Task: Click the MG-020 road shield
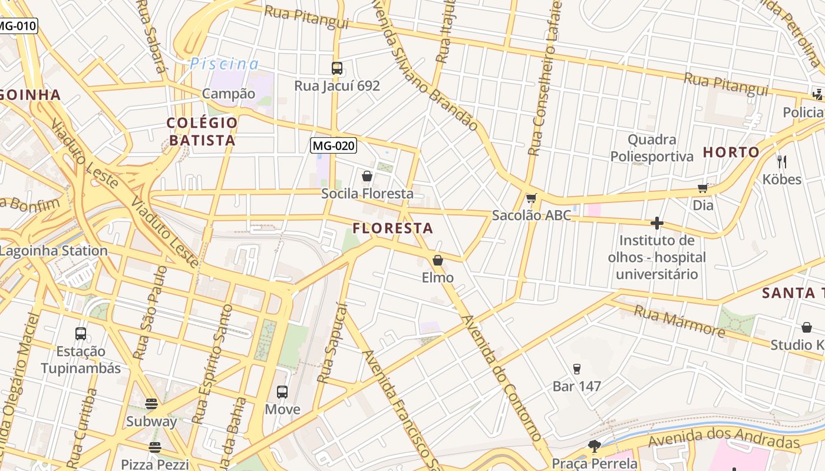(x=334, y=145)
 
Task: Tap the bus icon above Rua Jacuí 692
(x=337, y=68)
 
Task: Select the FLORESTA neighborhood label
(x=392, y=228)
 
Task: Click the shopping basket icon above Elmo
(x=438, y=260)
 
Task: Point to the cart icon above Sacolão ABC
(x=531, y=198)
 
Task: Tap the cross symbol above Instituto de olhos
(x=657, y=223)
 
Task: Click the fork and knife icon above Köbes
(x=782, y=161)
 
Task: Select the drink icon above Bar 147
(x=577, y=369)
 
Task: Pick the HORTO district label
(x=731, y=152)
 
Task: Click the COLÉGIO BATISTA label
(x=202, y=132)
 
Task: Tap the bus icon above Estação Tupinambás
(x=81, y=334)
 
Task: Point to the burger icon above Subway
(x=151, y=404)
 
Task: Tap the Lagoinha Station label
(x=54, y=251)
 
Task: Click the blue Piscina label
(x=224, y=64)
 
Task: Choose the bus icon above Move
(x=282, y=392)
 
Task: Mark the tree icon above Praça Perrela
(x=594, y=446)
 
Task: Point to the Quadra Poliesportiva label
(x=652, y=148)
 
